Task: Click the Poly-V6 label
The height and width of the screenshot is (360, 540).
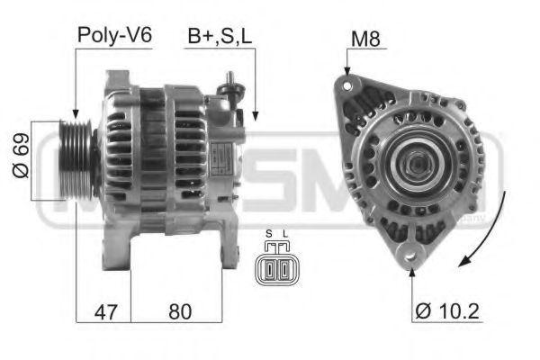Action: tap(114, 36)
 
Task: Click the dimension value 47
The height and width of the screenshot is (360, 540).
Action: tap(106, 312)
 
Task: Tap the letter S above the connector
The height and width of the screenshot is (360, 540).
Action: tap(268, 237)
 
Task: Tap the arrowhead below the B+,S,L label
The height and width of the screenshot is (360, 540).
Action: tap(256, 116)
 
